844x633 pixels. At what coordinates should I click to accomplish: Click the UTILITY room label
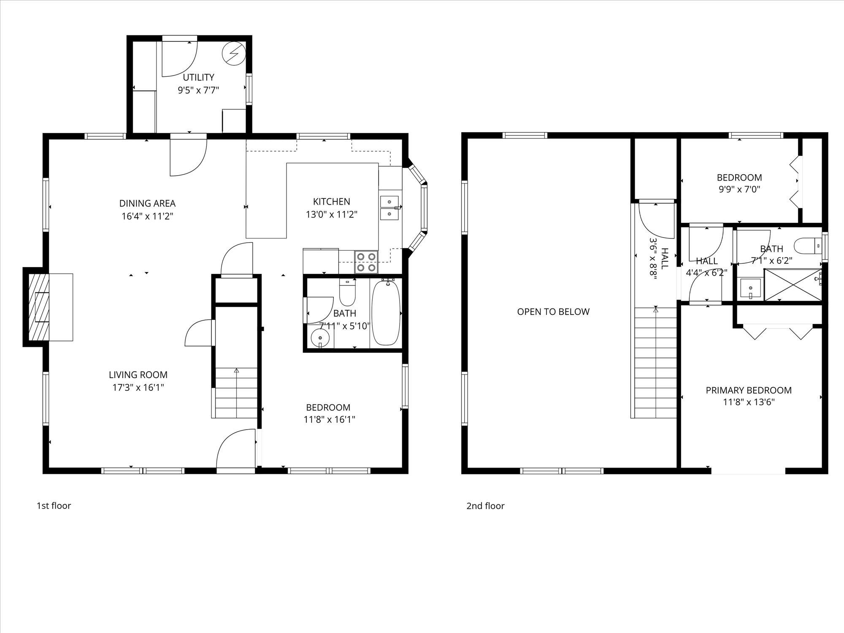198,77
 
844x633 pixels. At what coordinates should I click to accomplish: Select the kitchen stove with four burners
366,262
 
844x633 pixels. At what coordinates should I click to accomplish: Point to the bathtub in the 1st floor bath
386,313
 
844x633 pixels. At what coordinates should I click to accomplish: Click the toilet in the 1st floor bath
348,294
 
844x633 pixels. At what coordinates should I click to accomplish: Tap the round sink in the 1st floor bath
320,337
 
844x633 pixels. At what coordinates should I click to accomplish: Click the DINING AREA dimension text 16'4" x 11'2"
147,216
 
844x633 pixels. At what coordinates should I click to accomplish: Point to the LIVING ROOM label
138,375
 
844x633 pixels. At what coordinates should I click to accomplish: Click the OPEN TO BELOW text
553,312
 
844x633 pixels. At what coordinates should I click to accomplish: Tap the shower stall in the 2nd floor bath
793,285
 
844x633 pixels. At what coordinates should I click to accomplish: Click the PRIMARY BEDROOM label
748,390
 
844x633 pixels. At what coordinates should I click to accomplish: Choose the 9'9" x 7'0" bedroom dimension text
739,189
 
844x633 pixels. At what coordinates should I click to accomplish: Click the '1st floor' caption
54,506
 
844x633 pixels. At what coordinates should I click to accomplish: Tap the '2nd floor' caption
485,506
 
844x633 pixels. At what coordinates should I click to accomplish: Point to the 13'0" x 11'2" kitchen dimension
331,214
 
